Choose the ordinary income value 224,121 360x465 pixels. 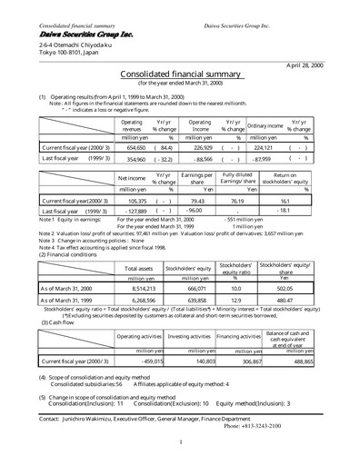click(x=261, y=147)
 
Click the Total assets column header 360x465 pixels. click(x=137, y=268)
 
